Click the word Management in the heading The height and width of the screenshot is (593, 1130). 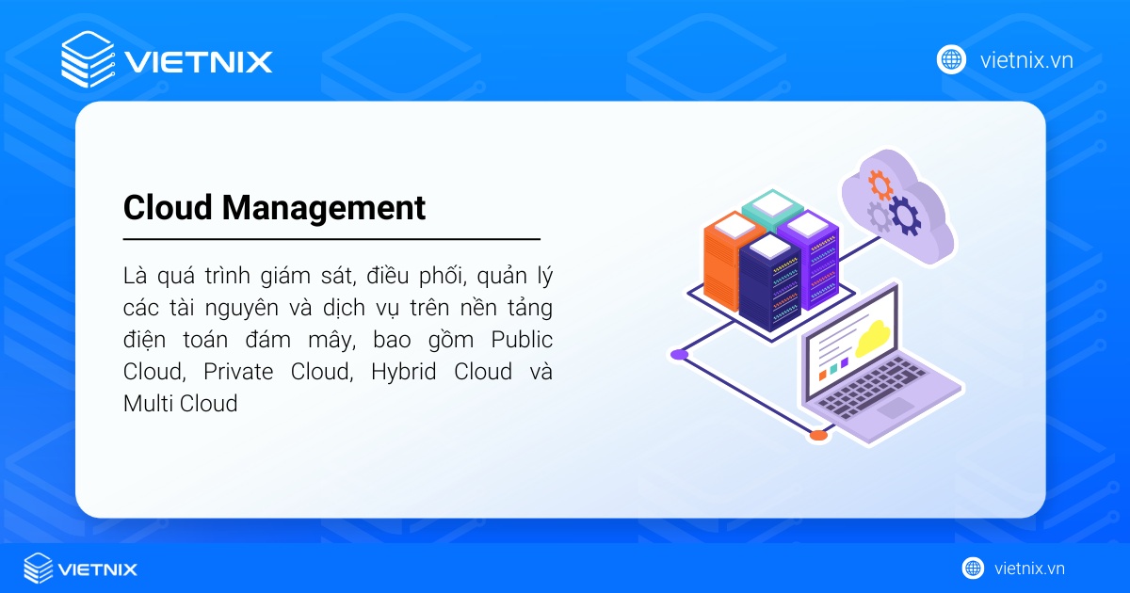pos(324,208)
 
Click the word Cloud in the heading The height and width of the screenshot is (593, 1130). pos(168,207)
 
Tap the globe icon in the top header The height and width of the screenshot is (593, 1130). pos(952,59)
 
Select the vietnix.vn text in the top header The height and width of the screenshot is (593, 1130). pos(1026,60)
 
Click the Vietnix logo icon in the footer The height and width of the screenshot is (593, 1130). pos(39,569)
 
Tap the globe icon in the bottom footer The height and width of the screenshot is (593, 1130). pos(973,569)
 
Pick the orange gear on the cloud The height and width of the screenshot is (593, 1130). pos(880,181)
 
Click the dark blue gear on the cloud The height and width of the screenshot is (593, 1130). pos(906,215)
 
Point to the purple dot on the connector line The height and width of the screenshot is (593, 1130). pos(679,354)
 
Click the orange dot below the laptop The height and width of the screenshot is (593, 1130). pos(818,435)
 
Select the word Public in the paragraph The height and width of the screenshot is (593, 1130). pos(524,340)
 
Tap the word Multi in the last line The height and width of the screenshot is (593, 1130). pos(145,404)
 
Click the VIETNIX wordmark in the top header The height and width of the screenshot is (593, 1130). pos(199,61)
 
